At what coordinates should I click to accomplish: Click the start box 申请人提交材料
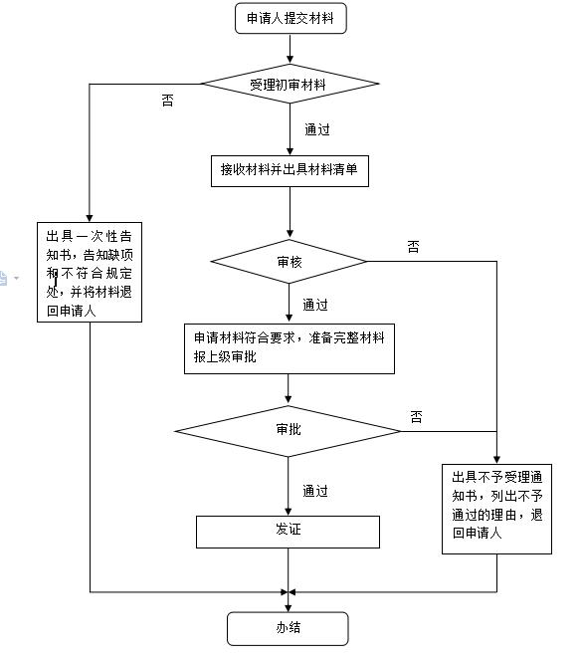(x=291, y=20)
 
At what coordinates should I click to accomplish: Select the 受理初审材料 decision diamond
(x=289, y=85)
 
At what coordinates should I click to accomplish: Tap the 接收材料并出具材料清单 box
(x=290, y=170)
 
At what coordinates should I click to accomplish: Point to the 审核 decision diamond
(x=289, y=262)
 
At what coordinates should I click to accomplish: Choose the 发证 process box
(x=288, y=531)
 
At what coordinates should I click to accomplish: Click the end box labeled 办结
(x=289, y=628)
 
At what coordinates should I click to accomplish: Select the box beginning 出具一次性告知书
(x=90, y=272)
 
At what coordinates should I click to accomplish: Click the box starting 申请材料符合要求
(x=289, y=347)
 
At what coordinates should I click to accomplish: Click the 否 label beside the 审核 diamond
(x=413, y=247)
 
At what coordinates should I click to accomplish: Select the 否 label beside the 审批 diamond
(x=416, y=415)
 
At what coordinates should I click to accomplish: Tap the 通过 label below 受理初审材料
(x=315, y=129)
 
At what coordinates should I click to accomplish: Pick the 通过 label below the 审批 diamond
(x=314, y=491)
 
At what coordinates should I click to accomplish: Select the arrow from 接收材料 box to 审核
(x=290, y=212)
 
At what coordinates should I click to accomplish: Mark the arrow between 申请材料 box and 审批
(x=289, y=389)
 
